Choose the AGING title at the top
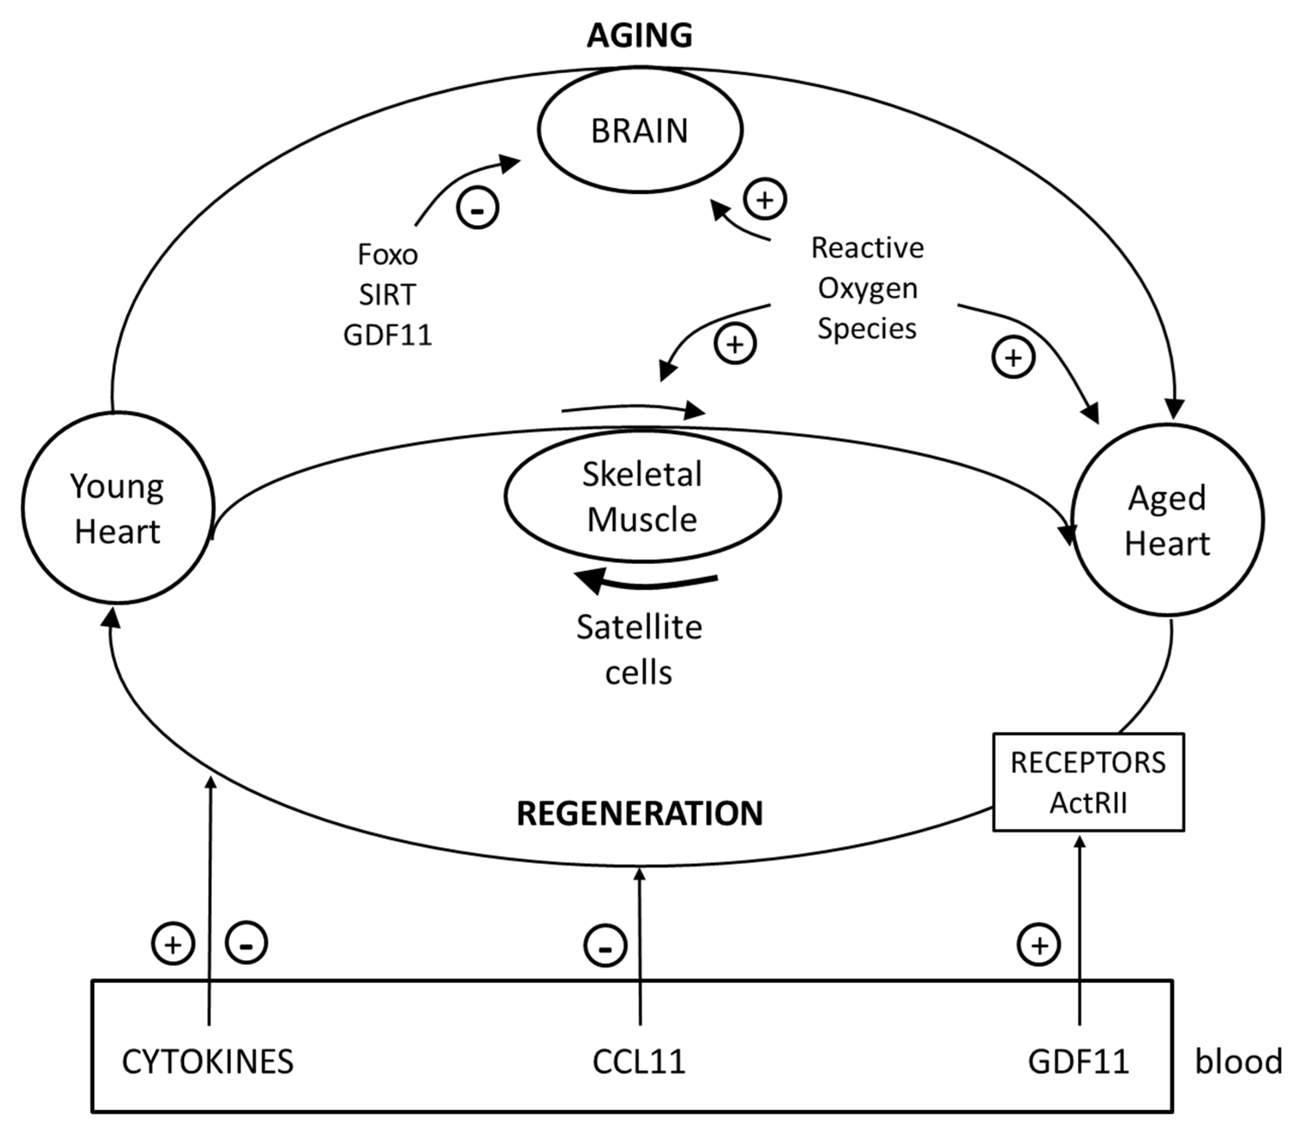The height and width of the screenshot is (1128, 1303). [x=640, y=35]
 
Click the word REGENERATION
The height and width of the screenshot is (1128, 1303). [x=640, y=813]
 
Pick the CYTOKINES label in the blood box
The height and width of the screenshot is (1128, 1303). [x=208, y=1062]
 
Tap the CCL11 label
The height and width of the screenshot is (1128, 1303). [x=639, y=1062]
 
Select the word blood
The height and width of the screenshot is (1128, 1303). [x=1239, y=1061]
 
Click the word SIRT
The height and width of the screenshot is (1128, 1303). [x=387, y=295]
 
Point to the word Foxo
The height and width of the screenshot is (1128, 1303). [x=387, y=254]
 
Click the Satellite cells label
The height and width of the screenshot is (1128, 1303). [x=639, y=650]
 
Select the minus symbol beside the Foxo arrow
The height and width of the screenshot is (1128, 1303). [x=478, y=208]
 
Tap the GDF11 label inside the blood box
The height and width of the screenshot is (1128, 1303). [x=1078, y=1062]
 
